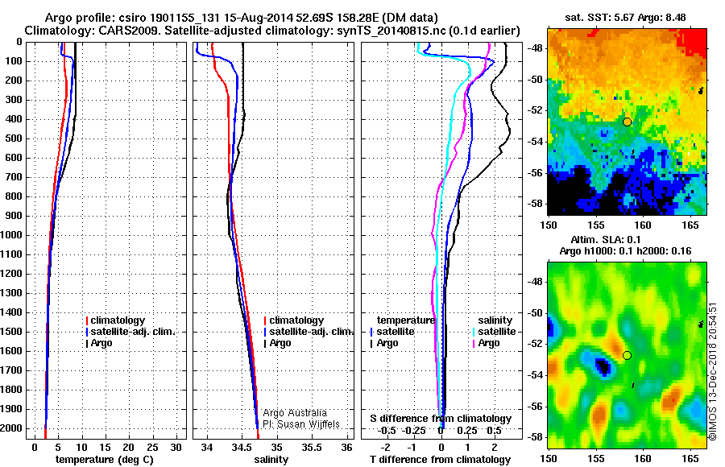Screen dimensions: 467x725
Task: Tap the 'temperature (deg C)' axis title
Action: tap(103, 459)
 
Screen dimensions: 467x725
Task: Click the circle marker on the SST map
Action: tap(627, 122)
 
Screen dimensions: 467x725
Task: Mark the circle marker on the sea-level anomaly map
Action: tap(627, 355)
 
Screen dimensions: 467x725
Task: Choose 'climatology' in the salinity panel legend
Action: tap(296, 320)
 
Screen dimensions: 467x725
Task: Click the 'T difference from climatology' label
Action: tap(441, 459)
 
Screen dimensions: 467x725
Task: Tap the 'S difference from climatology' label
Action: tap(441, 419)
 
